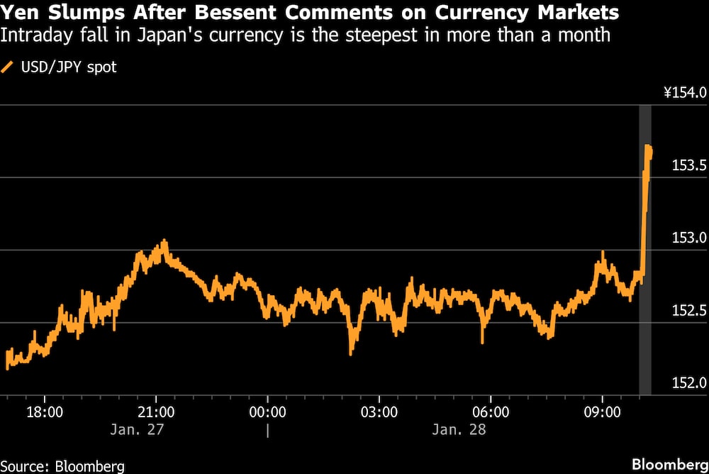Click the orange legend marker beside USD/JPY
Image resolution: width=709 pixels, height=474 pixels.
pyautogui.click(x=9, y=68)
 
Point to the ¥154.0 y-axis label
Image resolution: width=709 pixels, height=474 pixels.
pyautogui.click(x=684, y=92)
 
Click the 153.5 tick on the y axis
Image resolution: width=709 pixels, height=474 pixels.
pyautogui.click(x=687, y=165)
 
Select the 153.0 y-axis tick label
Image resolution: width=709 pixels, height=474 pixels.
pyautogui.click(x=687, y=238)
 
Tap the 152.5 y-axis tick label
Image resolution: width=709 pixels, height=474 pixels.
pyautogui.click(x=687, y=311)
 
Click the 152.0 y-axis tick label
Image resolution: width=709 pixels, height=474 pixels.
pyautogui.click(x=687, y=384)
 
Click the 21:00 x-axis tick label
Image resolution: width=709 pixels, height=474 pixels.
pyautogui.click(x=156, y=412)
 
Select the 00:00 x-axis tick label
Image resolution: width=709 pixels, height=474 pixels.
pyautogui.click(x=267, y=412)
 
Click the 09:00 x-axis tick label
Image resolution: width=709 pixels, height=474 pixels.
pyautogui.click(x=602, y=412)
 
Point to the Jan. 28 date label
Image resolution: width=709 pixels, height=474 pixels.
pyautogui.click(x=459, y=429)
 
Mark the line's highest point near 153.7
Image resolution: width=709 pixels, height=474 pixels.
pyautogui.click(x=647, y=145)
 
